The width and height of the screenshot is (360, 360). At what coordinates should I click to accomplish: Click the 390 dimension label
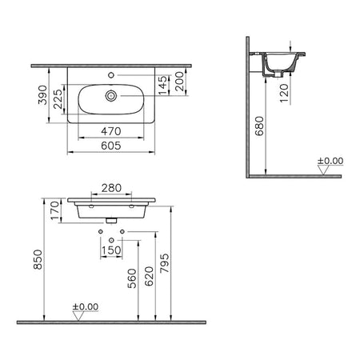click(x=42, y=95)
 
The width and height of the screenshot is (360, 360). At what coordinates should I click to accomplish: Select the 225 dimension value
click(x=58, y=99)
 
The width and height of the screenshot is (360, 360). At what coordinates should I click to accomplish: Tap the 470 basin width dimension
click(x=111, y=131)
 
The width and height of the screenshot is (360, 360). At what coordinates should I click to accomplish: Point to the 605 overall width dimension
click(x=111, y=146)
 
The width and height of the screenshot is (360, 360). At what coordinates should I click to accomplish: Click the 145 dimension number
click(x=163, y=85)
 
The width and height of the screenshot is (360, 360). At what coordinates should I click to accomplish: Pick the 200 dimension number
click(x=180, y=82)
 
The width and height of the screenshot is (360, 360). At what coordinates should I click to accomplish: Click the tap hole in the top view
click(x=111, y=75)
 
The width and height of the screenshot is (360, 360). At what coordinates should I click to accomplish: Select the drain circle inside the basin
click(x=111, y=96)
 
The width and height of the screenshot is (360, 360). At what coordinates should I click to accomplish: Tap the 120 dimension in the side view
click(x=285, y=93)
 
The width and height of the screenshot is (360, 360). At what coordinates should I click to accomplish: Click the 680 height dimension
click(x=259, y=126)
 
